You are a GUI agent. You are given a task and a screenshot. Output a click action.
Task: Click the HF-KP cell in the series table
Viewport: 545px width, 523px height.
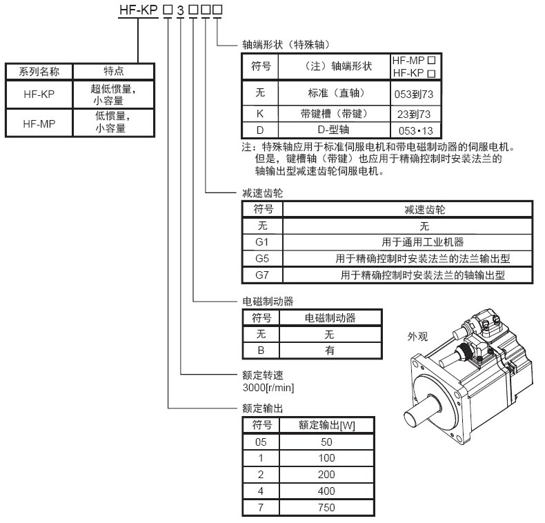click(x=39, y=94)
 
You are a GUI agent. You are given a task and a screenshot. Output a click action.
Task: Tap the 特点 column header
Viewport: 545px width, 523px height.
click(x=114, y=71)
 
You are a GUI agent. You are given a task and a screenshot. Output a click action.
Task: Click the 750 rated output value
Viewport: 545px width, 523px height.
click(x=327, y=508)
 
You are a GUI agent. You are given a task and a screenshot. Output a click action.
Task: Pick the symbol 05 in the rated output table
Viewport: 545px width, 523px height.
click(x=257, y=442)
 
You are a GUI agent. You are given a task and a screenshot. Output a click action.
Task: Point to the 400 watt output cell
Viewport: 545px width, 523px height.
click(x=327, y=491)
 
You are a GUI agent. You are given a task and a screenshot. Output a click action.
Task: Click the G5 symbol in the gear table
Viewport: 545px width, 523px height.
click(x=262, y=259)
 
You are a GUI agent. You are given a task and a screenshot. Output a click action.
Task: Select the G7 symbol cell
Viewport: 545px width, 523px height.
click(x=262, y=275)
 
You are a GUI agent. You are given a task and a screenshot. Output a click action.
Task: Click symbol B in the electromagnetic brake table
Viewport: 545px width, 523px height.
click(x=261, y=351)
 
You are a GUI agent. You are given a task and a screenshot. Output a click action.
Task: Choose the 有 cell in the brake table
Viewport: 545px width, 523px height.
click(x=330, y=351)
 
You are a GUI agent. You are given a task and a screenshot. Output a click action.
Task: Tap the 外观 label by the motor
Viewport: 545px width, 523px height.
click(x=418, y=337)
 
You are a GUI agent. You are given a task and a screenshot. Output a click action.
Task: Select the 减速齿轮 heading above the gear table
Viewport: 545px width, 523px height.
click(x=258, y=195)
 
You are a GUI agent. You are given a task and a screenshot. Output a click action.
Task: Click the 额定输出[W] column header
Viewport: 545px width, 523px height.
click(x=327, y=425)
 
